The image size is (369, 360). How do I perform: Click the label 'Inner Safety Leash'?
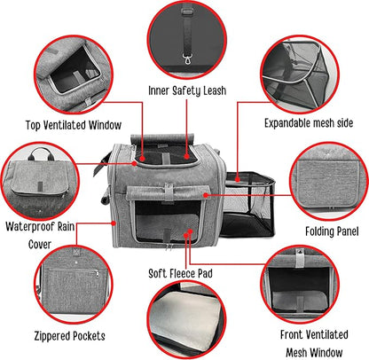click(187, 90)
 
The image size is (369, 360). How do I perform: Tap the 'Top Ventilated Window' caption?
click(74, 125)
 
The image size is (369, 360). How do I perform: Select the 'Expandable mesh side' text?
click(309, 123)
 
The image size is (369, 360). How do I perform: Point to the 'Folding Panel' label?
click(332, 231)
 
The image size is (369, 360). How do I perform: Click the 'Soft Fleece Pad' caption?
click(180, 273)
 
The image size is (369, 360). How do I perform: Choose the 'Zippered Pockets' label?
click(69, 336)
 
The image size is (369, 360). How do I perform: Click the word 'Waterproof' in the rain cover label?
click(30, 227)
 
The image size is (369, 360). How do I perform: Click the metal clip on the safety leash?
click(187, 59)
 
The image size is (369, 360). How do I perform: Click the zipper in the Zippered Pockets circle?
click(74, 270)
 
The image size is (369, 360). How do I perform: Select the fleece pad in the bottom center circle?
click(187, 317)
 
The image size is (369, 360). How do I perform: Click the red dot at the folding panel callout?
click(206, 195)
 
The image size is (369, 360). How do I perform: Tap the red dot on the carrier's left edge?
click(114, 223)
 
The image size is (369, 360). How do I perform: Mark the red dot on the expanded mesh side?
click(238, 179)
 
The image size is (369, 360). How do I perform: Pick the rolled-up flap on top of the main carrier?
click(162, 138)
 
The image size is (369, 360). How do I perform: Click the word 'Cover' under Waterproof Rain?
click(40, 245)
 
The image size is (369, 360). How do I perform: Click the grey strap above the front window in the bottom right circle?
click(300, 258)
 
